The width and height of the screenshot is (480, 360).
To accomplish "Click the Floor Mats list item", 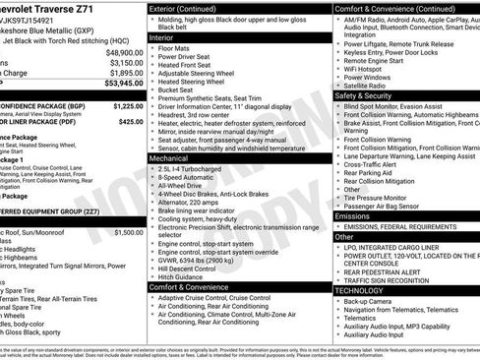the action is pyautogui.click(x=175, y=47).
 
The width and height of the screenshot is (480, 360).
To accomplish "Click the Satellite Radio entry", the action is pyautogui.click(x=372, y=87).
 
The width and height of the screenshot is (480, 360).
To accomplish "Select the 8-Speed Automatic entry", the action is pyautogui.click(x=188, y=176).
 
